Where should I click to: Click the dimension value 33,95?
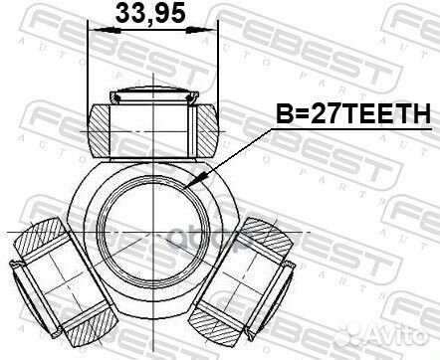click(x=151, y=16)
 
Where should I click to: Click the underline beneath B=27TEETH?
click(x=343, y=130)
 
